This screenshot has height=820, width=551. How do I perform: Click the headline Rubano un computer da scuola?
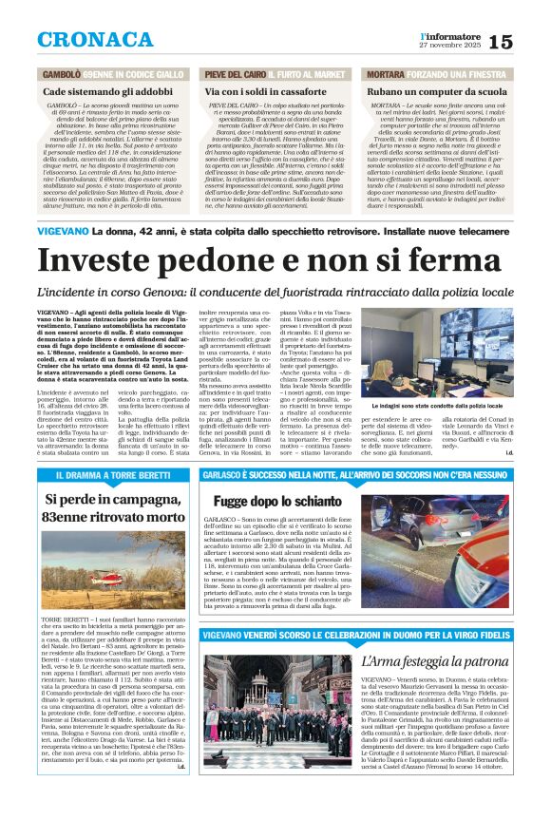click(x=432, y=90)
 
